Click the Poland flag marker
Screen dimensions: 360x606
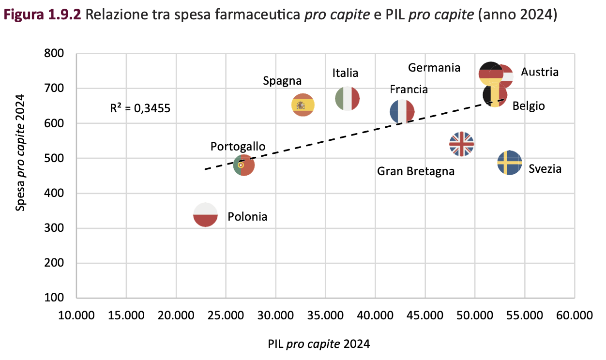coord(205,214)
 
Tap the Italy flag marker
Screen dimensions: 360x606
coord(347,99)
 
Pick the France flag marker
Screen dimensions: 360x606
coord(402,112)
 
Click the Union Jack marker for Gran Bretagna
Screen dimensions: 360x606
coord(461,144)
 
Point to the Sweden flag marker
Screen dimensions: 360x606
coord(510,163)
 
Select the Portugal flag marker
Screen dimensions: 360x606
coord(244,165)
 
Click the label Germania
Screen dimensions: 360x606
coord(434,68)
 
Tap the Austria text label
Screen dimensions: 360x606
coord(540,72)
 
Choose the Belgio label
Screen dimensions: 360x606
coord(529,106)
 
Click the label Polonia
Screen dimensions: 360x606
coord(247,217)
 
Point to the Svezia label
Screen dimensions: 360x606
coord(545,169)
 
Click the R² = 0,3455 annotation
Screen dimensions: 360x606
coord(140,108)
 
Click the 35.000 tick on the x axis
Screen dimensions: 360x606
coord(325,316)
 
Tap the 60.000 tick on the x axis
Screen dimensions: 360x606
coord(575,316)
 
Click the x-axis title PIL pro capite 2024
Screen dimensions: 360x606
coord(318,344)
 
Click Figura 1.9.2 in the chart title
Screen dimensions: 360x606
coord(42,16)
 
